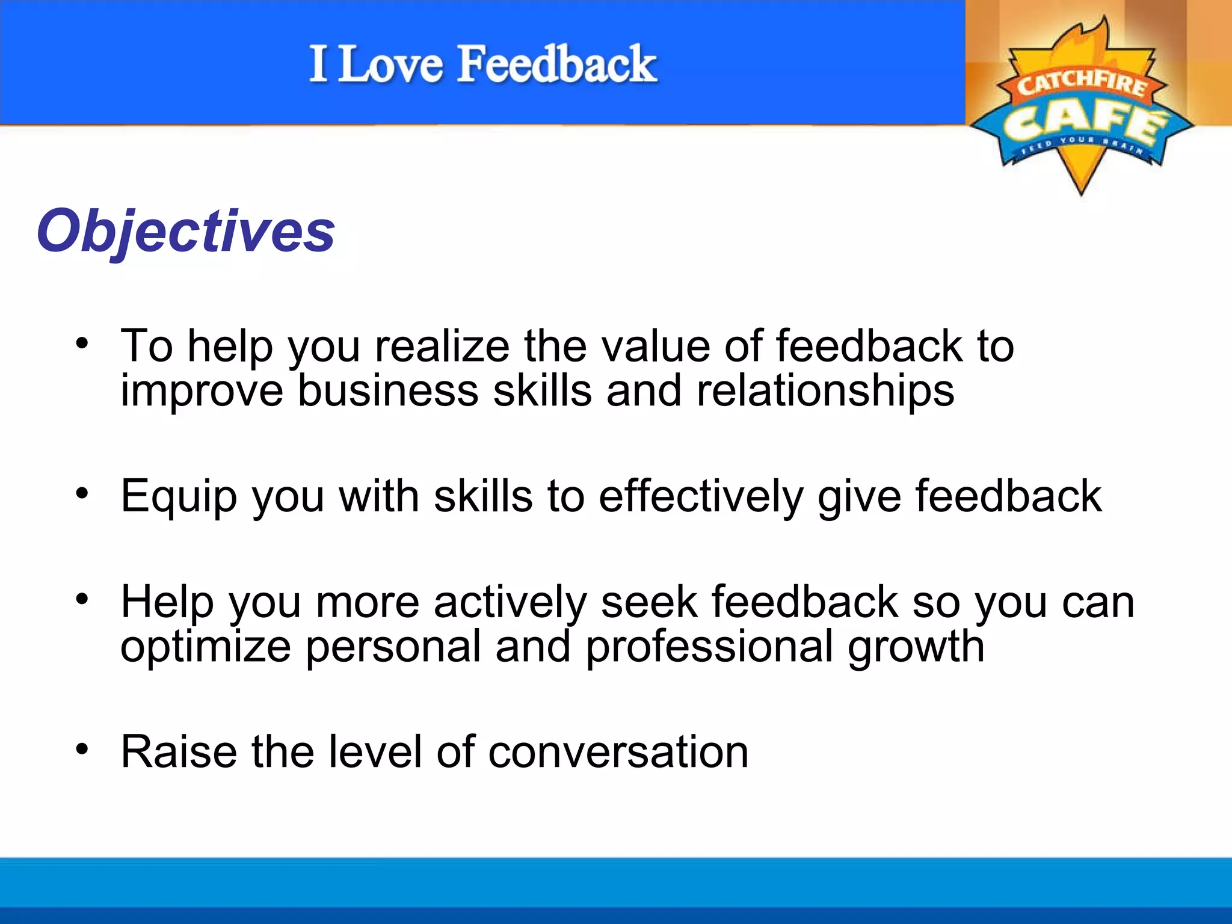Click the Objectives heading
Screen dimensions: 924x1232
click(x=185, y=232)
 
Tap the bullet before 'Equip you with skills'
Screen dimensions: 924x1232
click(x=82, y=494)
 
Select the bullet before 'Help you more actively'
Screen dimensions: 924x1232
click(x=82, y=599)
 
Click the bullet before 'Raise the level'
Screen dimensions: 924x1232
click(x=82, y=750)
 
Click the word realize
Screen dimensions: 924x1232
click(x=442, y=346)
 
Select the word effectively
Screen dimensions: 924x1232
click(x=701, y=496)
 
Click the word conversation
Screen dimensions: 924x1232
click(x=618, y=752)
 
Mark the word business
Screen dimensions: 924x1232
click(x=388, y=392)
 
